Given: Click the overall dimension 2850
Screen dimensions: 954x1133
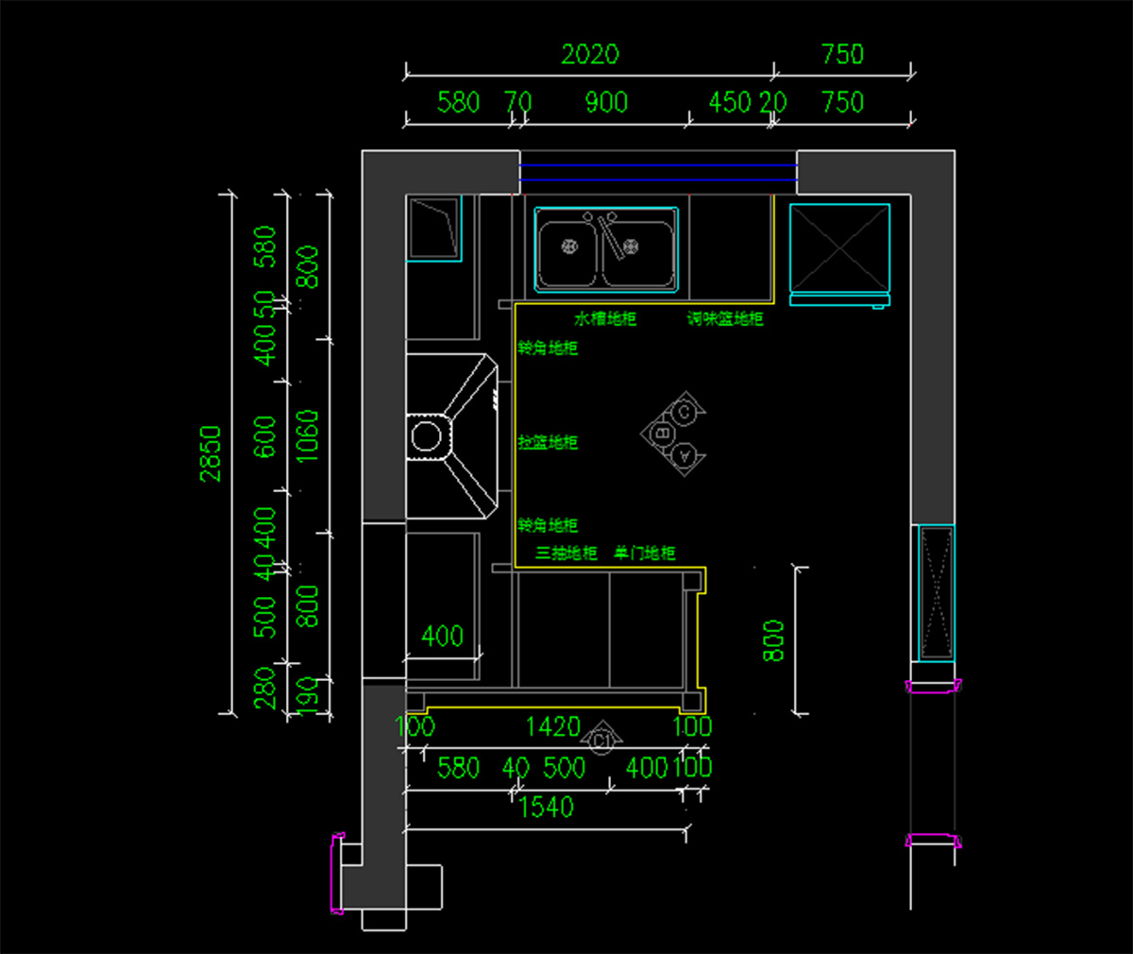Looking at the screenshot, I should [210, 453].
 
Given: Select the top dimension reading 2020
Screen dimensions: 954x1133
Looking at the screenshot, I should [590, 55].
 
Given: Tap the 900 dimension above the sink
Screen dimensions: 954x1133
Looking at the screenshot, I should [606, 102].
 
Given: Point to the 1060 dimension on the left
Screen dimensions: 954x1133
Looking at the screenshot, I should [308, 436].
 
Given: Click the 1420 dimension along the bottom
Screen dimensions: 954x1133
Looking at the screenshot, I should [552, 726].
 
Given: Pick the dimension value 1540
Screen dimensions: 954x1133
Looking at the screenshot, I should [546, 807].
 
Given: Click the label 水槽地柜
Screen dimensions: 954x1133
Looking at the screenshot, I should [605, 319].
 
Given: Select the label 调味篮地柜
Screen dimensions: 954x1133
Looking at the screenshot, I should [725, 319].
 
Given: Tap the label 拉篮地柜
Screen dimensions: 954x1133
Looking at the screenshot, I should [548, 442].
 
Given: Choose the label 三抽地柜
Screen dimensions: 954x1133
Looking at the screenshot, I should [566, 554].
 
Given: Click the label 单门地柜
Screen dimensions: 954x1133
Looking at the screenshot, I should [645, 554].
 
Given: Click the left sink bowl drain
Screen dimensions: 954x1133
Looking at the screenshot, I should [570, 247].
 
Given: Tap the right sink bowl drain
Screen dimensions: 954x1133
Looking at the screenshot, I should [632, 247].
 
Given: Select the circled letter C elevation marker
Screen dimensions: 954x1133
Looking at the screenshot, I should [685, 412].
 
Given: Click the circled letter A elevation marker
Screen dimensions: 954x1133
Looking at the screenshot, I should [686, 455].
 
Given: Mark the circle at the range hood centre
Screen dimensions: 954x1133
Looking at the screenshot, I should [426, 436].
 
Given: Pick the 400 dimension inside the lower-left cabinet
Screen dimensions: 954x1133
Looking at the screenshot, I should [442, 636].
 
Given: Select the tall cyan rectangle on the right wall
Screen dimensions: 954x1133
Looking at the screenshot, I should [938, 593].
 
